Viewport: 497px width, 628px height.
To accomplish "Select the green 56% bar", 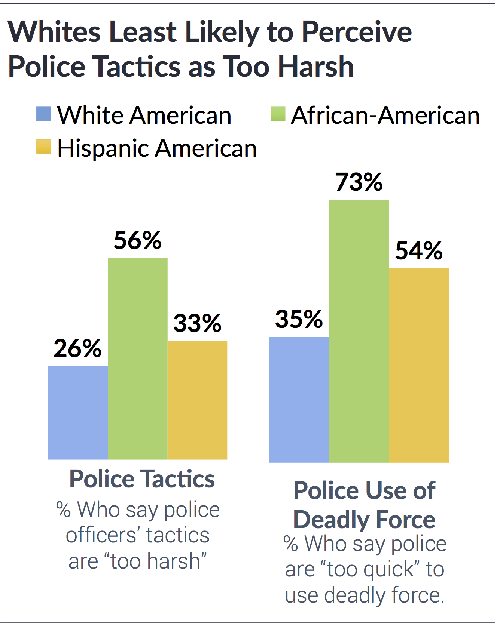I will (x=137, y=358).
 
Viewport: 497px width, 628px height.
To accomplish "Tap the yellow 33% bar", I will (x=197, y=400).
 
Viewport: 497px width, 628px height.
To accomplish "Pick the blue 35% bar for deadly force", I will (x=299, y=400).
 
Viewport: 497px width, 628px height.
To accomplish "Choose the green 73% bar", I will (x=359, y=331).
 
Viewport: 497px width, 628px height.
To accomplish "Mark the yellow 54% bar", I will (x=419, y=365).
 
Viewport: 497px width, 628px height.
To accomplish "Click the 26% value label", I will (x=77, y=348).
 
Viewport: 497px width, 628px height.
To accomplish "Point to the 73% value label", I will (x=359, y=182).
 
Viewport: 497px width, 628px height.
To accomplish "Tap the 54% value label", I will (x=419, y=250).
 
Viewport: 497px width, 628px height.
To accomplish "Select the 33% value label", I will (x=197, y=323).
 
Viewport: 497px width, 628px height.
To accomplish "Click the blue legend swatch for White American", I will (x=43, y=114).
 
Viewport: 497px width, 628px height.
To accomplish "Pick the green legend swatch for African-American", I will (x=278, y=114).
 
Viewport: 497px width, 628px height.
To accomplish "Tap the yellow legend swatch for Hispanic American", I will (x=43, y=147).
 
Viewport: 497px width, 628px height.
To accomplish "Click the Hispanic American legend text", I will (x=157, y=148).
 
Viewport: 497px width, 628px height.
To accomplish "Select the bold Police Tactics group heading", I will (x=142, y=479).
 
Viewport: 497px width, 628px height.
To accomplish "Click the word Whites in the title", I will (x=54, y=32).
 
